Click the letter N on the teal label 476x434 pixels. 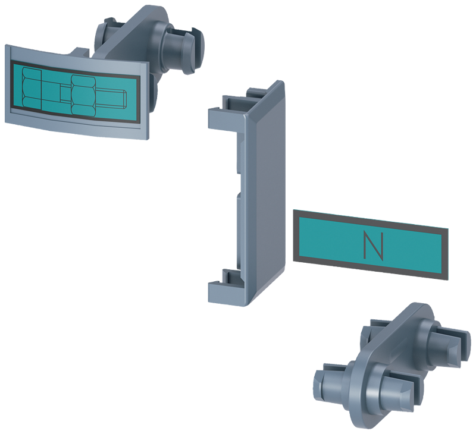click(373, 246)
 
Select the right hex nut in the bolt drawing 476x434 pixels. click(83, 95)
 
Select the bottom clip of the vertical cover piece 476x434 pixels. click(226, 287)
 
